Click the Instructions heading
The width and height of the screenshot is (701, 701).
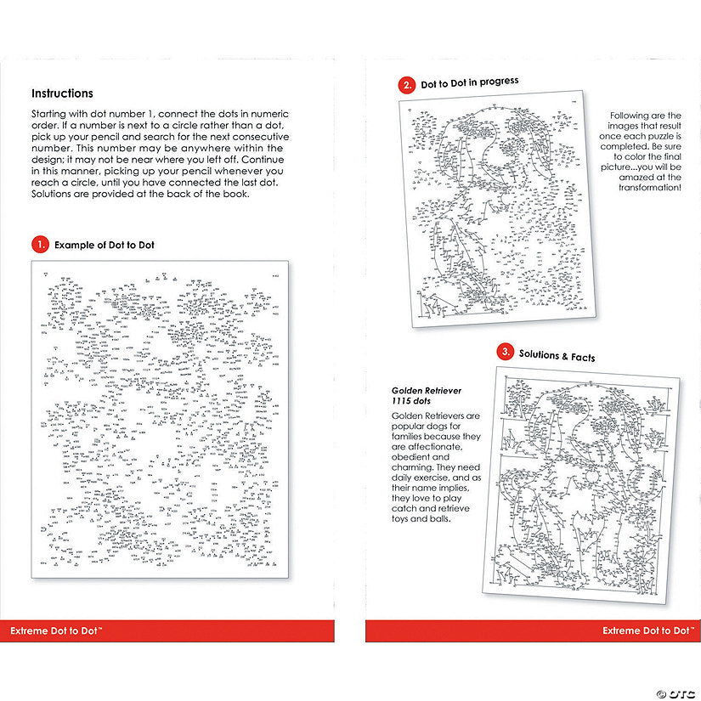tap(62, 93)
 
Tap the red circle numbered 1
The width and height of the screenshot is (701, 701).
tap(39, 244)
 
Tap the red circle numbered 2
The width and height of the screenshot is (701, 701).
tap(407, 85)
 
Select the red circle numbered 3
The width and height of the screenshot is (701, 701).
tap(505, 352)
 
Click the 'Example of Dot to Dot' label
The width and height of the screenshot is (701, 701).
tap(105, 245)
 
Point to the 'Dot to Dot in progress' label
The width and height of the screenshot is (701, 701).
tap(470, 82)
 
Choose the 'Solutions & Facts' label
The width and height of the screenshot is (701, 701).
tap(557, 356)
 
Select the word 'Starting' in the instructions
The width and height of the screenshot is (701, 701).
tap(50, 114)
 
